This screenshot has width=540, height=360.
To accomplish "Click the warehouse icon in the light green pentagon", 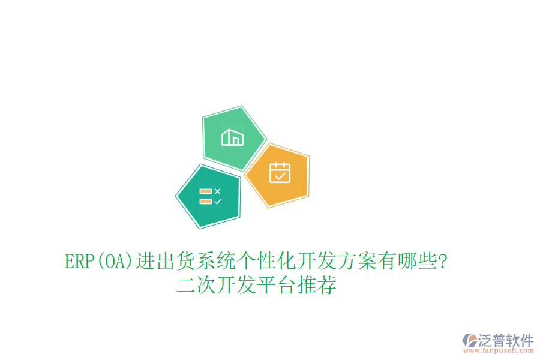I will pos(232,137).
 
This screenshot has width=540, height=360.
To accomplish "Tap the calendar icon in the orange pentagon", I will pos(280,173).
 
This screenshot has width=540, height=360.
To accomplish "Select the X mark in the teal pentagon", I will pos(217,191).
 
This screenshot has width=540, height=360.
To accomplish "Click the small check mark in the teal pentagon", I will pos(217,202).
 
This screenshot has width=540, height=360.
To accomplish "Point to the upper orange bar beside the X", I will pos(206,191).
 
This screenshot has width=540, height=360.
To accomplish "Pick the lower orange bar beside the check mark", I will pos(206,202).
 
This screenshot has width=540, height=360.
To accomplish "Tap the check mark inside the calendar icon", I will pos(280,176).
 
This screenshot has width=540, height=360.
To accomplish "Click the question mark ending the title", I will pos(442,262).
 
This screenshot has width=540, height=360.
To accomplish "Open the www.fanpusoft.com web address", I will pos(500,351).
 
